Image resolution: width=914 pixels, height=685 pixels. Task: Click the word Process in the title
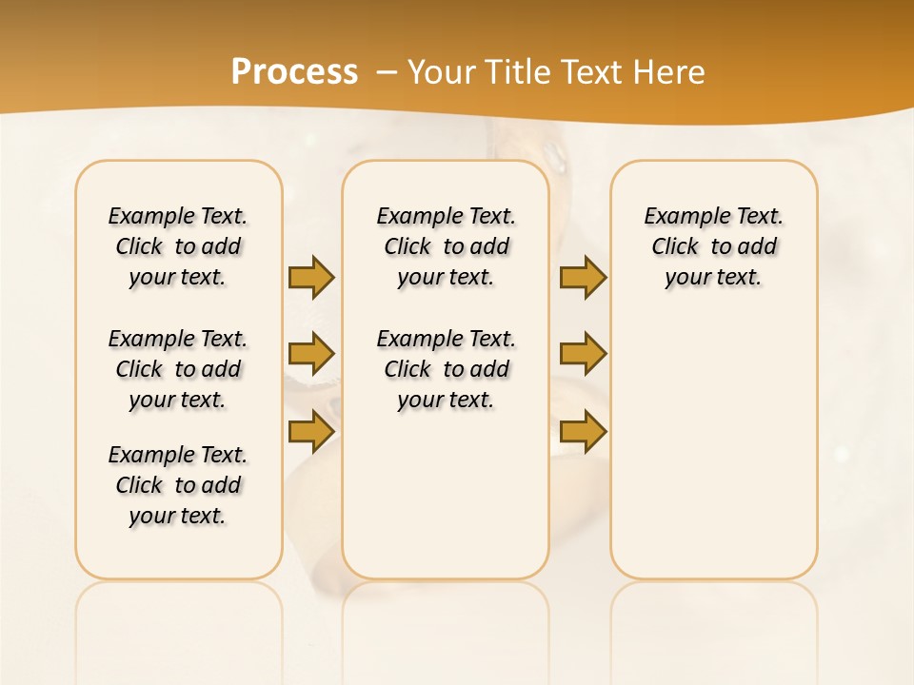pos(294,71)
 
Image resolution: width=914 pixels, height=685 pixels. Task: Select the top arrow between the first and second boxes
pos(311,277)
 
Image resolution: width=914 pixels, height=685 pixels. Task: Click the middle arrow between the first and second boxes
pos(311,354)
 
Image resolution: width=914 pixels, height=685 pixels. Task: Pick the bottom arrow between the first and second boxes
pos(311,431)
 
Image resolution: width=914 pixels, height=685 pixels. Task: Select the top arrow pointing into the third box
pos(583,277)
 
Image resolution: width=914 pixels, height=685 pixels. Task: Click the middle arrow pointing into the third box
pos(583,354)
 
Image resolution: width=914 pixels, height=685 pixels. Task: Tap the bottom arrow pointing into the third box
pos(583,431)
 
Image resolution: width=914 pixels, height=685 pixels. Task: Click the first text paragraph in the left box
pos(178,246)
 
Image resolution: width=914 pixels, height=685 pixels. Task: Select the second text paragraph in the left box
pos(178,369)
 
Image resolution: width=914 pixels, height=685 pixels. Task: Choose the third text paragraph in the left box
pos(178,485)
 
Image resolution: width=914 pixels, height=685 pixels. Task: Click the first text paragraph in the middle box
pos(446,246)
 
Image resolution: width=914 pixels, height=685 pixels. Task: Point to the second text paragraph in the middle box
pos(446,369)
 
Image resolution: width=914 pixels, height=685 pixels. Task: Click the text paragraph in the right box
pos(714,246)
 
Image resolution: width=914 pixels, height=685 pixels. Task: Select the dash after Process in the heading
pos(387,71)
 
